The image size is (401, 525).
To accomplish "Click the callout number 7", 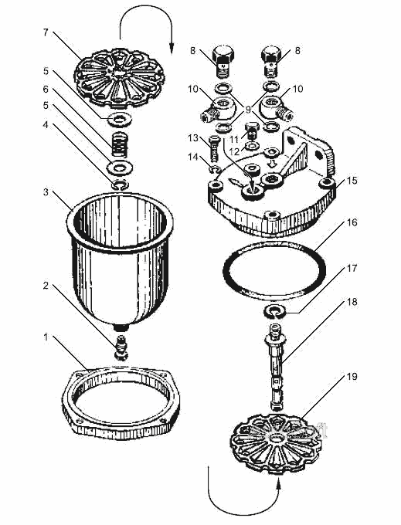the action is [x=46, y=32].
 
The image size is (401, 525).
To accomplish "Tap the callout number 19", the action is [x=352, y=376].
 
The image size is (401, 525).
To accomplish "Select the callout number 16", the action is [x=352, y=222].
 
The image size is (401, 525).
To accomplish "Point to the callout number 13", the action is [x=193, y=137].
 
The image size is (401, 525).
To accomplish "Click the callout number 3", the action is [x=46, y=192].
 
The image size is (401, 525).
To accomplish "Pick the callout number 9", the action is [x=248, y=109].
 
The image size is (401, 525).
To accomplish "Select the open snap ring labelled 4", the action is [x=120, y=185].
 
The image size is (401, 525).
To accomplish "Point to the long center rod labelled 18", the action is [x=275, y=367].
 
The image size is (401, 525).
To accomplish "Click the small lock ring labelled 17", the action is [x=275, y=311].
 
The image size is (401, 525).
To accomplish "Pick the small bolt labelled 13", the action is [x=214, y=147].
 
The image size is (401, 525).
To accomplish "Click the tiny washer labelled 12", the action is [x=252, y=146].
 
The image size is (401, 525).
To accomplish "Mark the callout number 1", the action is [x=46, y=337].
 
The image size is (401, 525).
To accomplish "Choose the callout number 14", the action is [x=193, y=157].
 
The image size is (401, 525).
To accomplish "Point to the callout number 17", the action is [x=352, y=268].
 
